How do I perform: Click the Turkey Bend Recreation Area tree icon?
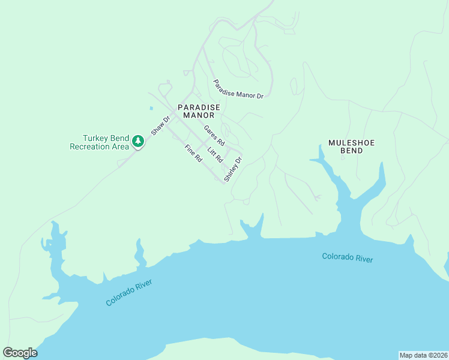(139, 142)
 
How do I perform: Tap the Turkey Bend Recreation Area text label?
(100, 142)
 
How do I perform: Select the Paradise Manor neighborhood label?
(199, 111)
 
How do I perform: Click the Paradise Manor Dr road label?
(238, 88)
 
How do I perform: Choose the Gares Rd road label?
(214, 136)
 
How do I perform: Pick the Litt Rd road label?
(215, 155)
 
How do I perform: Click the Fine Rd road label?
(193, 154)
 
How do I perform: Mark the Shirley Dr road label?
(233, 169)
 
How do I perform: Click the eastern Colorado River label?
(348, 257)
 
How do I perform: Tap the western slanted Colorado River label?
(129, 292)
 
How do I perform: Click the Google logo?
(20, 353)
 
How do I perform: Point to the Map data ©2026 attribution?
(423, 355)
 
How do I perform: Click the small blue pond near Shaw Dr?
(151, 109)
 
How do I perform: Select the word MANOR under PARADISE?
(199, 115)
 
